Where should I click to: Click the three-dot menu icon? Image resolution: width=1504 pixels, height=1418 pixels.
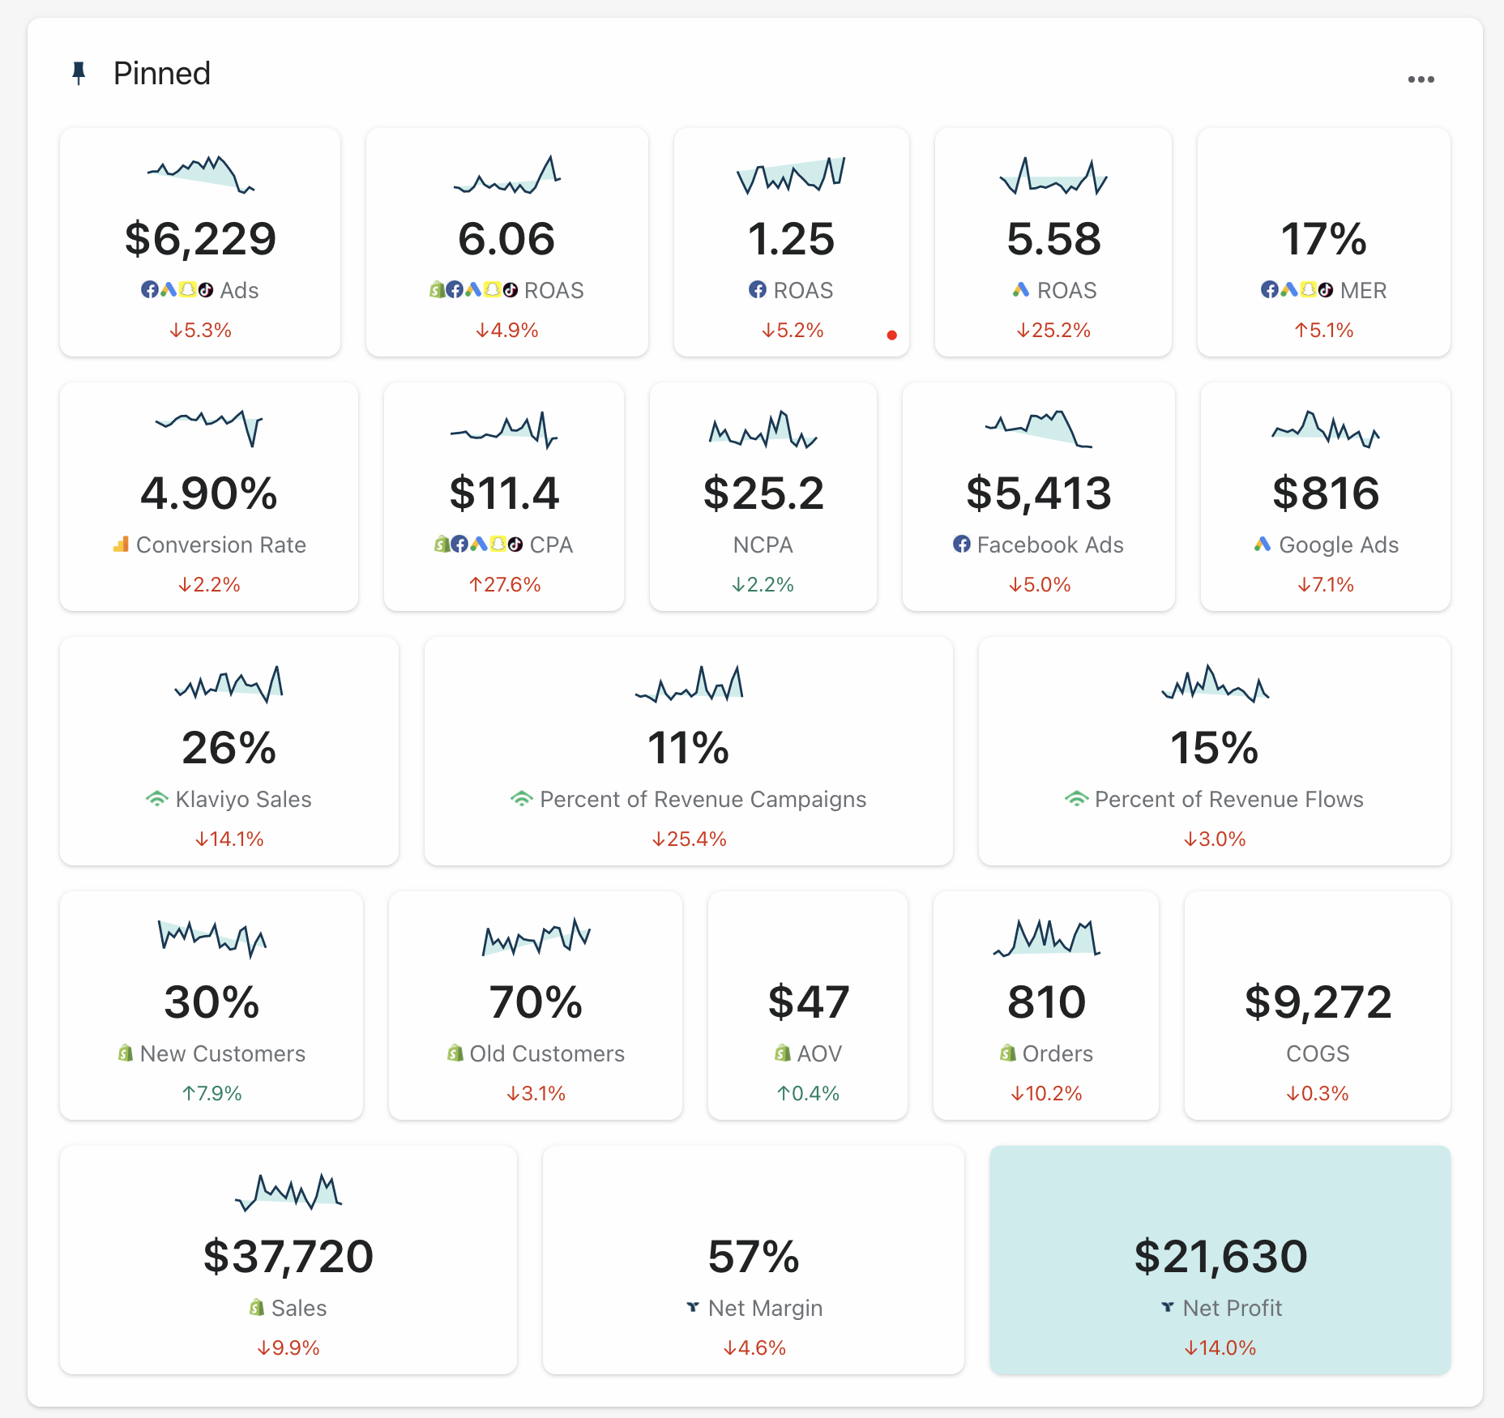(x=1421, y=79)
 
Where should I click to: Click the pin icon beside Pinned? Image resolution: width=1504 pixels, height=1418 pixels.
(x=79, y=74)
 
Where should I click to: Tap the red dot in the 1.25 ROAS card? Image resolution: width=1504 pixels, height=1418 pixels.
(x=891, y=335)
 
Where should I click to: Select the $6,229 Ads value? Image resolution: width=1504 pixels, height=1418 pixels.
(x=200, y=239)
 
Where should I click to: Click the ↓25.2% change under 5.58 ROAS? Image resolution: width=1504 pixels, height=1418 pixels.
(x=1053, y=331)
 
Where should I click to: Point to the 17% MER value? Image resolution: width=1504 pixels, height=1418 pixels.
(x=1323, y=239)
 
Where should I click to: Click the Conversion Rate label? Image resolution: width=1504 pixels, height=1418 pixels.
(x=220, y=545)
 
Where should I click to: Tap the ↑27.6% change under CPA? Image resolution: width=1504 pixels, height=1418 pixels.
(x=504, y=585)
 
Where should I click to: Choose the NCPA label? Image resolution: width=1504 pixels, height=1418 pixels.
(x=763, y=545)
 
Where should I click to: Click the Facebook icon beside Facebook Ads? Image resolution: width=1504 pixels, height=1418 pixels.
(x=961, y=545)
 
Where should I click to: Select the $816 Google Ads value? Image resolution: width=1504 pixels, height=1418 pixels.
(x=1325, y=493)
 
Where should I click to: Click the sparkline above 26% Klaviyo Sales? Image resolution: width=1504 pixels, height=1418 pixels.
(x=229, y=684)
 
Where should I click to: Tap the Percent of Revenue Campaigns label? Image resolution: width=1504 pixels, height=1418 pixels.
(x=703, y=799)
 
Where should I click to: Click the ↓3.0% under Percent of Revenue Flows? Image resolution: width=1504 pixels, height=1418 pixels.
(x=1214, y=839)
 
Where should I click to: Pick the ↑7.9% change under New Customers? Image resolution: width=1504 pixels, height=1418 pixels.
(x=211, y=1094)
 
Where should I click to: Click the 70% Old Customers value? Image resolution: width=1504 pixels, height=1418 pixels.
(x=535, y=1002)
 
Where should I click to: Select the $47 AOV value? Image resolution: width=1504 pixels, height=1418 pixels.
(x=808, y=1002)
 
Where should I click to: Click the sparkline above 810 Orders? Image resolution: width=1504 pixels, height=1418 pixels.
(x=1046, y=938)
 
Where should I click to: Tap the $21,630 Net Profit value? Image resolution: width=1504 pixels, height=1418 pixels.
(x=1220, y=1257)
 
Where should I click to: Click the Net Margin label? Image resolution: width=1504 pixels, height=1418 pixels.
(x=764, y=1308)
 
